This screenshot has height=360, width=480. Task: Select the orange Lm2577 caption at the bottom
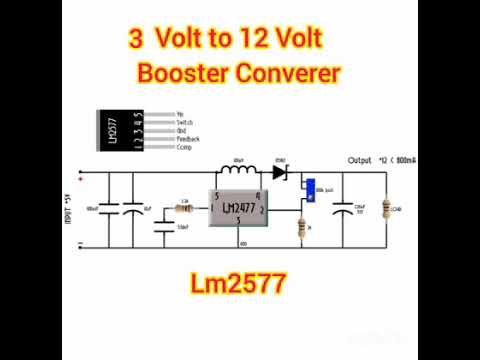point(239,284)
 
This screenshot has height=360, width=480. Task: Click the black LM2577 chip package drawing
point(118,131)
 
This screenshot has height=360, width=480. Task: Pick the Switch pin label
point(184,122)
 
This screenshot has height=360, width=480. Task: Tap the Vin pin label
point(180,114)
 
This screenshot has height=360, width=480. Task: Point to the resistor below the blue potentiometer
point(302,229)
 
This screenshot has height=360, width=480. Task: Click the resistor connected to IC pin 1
point(183,208)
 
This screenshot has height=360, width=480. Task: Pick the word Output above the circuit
point(359,159)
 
